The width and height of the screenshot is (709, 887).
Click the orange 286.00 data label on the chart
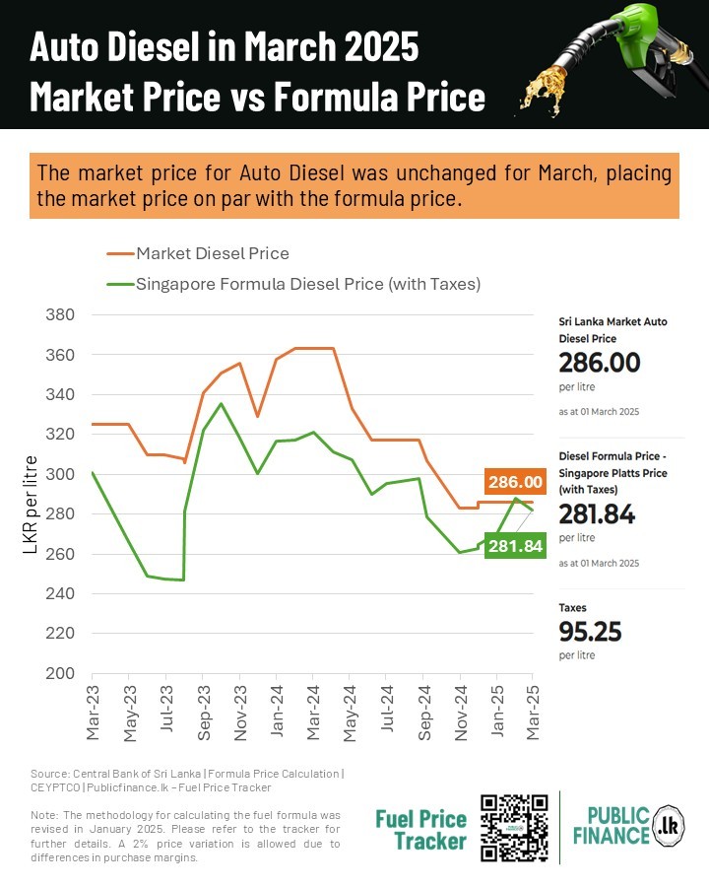click(x=515, y=482)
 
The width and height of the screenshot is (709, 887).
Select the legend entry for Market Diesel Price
click(x=213, y=253)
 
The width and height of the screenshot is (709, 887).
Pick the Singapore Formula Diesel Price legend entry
click(x=307, y=284)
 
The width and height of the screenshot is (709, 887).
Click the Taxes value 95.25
click(x=590, y=631)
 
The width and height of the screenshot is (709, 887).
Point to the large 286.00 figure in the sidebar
click(x=599, y=363)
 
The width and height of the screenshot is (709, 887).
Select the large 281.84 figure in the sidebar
click(x=597, y=513)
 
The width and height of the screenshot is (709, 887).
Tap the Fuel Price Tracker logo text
click(x=421, y=829)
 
